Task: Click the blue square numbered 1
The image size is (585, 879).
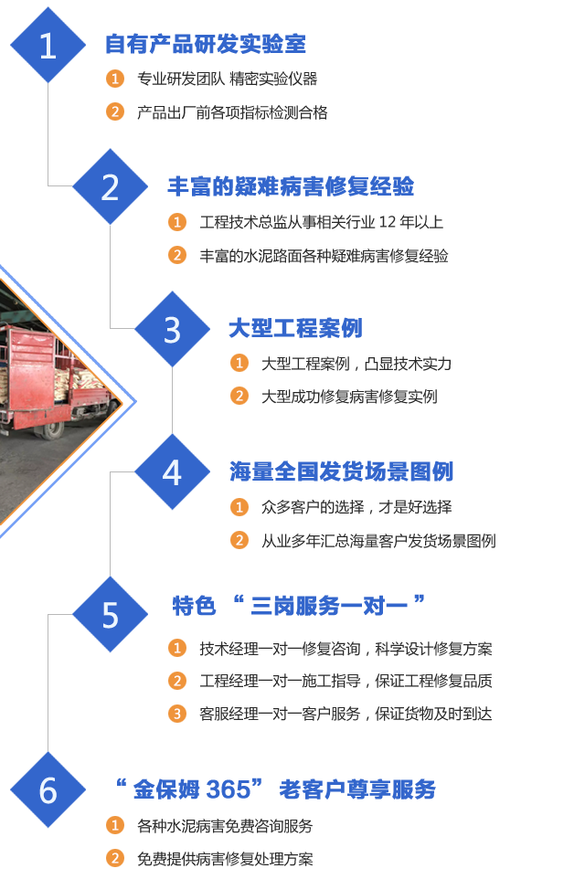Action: coord(48,45)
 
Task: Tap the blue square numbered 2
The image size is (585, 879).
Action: coord(110,187)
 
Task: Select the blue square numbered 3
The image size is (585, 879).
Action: coord(172,330)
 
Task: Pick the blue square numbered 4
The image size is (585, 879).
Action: coord(172,472)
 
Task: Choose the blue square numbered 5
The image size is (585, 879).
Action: coord(110,615)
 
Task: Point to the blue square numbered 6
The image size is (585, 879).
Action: coord(48,790)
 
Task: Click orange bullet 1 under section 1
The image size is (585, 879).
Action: coord(115,79)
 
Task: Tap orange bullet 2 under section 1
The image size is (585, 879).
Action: coord(115,112)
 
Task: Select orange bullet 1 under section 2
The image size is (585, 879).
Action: coord(177,222)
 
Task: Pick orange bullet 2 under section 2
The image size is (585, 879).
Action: coord(177,255)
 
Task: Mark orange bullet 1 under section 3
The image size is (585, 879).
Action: coord(239,364)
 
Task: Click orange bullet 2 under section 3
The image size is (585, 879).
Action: coord(239,397)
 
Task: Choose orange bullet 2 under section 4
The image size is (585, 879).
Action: coord(239,540)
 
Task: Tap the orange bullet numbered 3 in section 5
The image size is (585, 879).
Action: coord(177,714)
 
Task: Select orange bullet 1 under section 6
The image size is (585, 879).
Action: coord(115,826)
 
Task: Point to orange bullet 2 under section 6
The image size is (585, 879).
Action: coord(115,859)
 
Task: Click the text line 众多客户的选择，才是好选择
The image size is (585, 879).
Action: coord(356,507)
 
